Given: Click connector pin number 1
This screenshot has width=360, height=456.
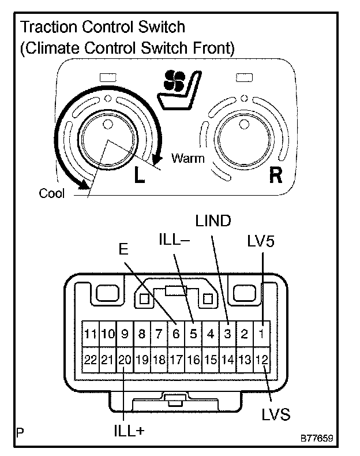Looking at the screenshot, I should pyautogui.click(x=262, y=334).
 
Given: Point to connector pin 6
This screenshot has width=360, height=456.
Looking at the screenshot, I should pyautogui.click(x=176, y=334).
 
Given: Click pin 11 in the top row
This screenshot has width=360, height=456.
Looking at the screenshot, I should pyautogui.click(x=91, y=334).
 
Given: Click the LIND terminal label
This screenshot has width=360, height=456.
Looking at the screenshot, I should pyautogui.click(x=213, y=221).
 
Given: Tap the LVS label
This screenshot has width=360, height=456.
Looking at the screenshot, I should pyautogui.click(x=275, y=414).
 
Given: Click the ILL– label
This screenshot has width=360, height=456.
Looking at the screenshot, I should pyautogui.click(x=173, y=238).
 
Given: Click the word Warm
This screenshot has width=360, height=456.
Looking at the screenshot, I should pyautogui.click(x=188, y=158).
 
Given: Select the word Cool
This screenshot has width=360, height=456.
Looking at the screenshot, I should pyautogui.click(x=51, y=193).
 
